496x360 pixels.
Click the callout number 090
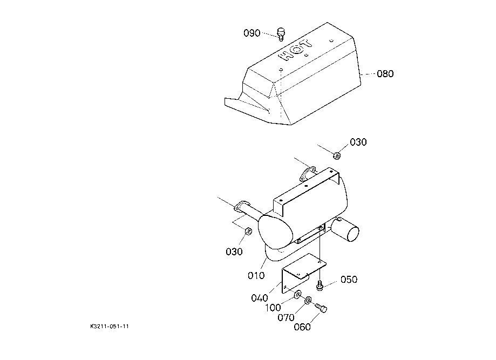(x=252, y=33)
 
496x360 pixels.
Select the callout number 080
(x=385, y=74)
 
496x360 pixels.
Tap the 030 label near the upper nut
(x=358, y=142)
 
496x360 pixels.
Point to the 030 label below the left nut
(x=234, y=252)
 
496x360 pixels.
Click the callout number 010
(x=256, y=276)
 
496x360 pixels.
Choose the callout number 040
(x=260, y=298)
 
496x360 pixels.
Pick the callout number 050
(x=349, y=280)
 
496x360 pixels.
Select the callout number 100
(x=273, y=308)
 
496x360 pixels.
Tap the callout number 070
(x=286, y=317)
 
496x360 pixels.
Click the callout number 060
(x=302, y=327)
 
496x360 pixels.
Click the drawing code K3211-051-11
(x=110, y=327)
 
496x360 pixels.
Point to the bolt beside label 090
(x=281, y=34)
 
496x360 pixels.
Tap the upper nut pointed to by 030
(x=337, y=155)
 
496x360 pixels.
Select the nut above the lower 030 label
(x=248, y=230)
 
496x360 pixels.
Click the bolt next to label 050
(x=320, y=286)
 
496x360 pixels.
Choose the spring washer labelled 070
(x=308, y=300)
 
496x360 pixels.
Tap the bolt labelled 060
(x=321, y=307)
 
